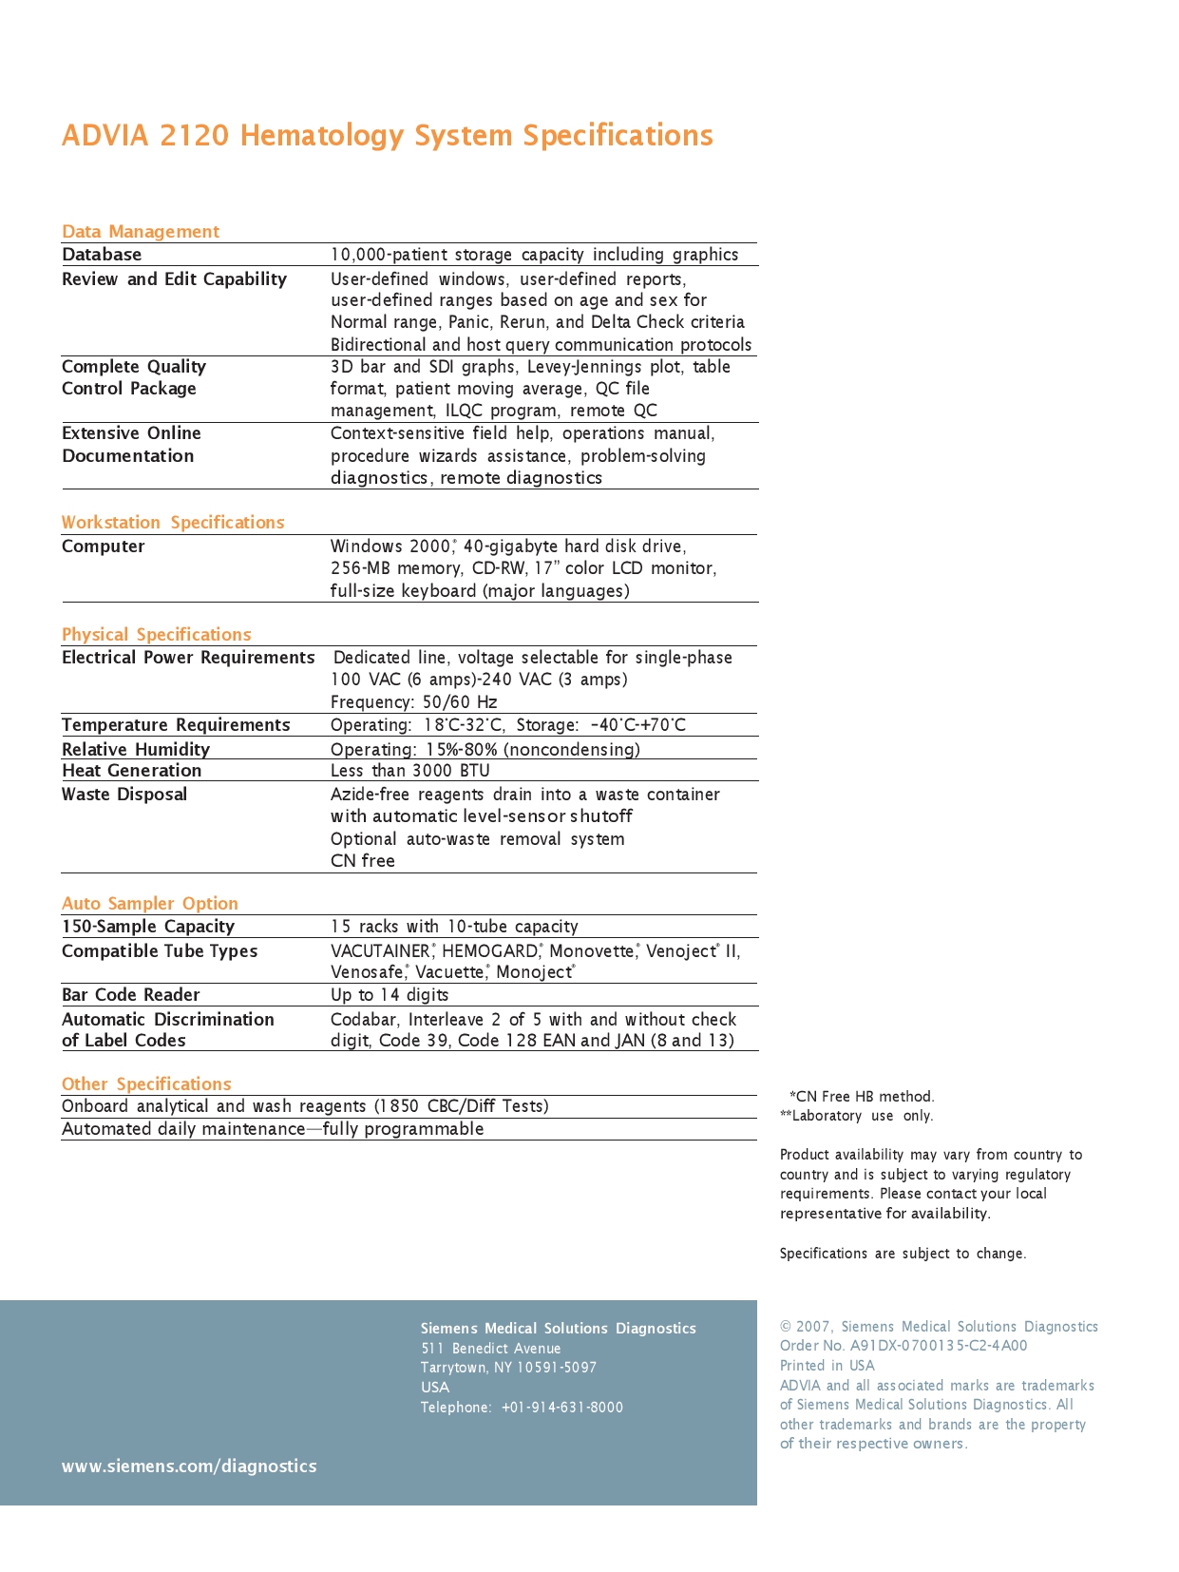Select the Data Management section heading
[141, 232]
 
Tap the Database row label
[102, 255]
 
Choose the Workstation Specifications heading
[173, 523]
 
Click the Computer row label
[104, 546]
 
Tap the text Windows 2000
[390, 546]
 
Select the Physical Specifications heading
[157, 635]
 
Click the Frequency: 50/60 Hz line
[414, 702]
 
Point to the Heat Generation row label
[132, 771]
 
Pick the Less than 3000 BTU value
[410, 771]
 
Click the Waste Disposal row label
[124, 795]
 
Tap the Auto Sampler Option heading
[150, 904]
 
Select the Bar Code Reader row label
[131, 995]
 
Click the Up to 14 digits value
[390, 995]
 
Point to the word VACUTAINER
[380, 951]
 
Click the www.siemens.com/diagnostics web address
[189, 1467]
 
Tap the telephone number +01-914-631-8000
[562, 1408]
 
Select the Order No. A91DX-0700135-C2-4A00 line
[903, 1346]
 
